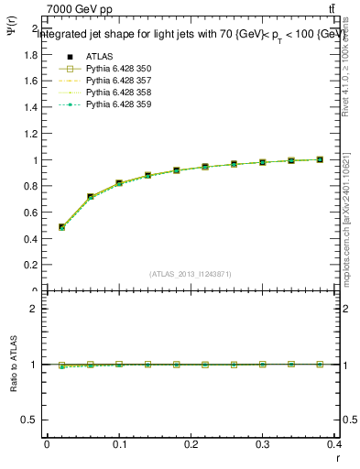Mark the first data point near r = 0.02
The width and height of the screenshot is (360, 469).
(x=61, y=227)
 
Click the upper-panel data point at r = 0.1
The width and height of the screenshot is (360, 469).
(x=119, y=183)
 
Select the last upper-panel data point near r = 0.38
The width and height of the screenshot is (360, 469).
(x=320, y=159)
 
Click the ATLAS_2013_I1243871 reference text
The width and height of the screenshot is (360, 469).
(x=191, y=274)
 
